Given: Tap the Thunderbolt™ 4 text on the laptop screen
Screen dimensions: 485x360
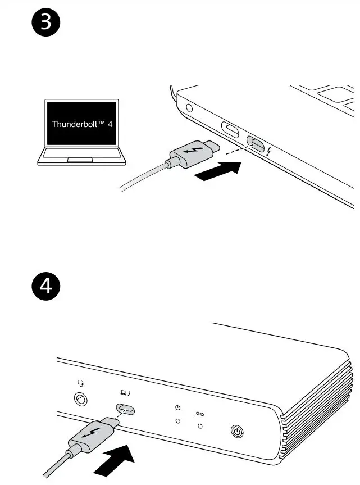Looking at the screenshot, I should (82, 123).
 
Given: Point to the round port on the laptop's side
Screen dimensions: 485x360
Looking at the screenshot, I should (189, 108).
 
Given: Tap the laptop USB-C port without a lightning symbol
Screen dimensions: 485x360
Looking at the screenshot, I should (230, 129).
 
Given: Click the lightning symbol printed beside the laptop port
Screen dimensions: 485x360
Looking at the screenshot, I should (270, 152).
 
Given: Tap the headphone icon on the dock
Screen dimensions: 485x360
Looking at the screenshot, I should (81, 384).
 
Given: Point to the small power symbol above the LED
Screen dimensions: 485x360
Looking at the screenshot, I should (178, 407).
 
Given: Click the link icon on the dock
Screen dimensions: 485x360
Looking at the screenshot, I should (199, 414).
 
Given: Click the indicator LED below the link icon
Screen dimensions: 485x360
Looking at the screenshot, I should (199, 427).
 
